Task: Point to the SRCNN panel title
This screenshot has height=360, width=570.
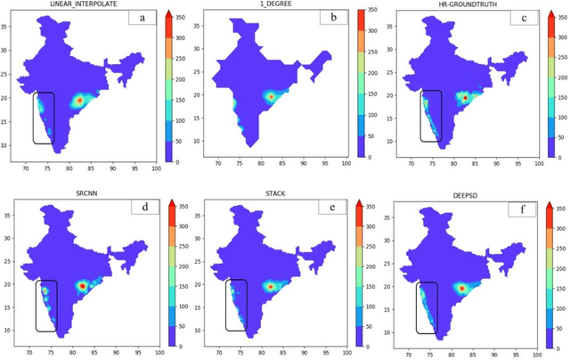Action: point(76,192)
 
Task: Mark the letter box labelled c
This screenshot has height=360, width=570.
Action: point(521,18)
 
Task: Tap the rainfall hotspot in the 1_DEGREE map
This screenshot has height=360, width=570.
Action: point(271,96)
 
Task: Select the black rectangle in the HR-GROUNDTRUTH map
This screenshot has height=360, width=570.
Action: point(431,115)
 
